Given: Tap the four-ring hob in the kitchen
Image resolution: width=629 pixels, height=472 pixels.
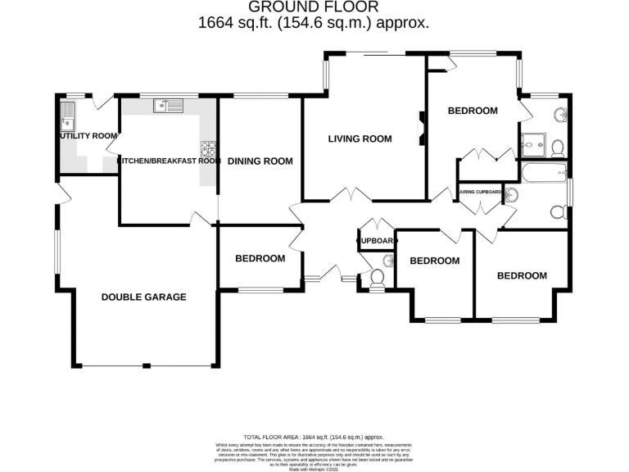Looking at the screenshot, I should (x=208, y=148).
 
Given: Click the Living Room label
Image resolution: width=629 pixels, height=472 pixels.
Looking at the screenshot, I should (x=360, y=139).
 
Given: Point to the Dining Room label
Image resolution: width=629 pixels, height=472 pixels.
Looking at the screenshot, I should (x=260, y=161).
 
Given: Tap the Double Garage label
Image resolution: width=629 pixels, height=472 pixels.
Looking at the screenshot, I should (x=143, y=297).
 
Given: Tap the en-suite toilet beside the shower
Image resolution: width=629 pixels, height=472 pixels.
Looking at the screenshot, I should (x=557, y=147).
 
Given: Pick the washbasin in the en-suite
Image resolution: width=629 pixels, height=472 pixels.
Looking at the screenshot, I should (x=560, y=114).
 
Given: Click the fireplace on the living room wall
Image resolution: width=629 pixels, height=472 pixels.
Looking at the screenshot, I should (x=423, y=128).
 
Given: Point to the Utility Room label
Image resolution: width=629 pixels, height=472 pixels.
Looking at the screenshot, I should (x=88, y=135).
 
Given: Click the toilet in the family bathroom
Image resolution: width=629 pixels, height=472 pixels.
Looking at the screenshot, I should (x=558, y=212).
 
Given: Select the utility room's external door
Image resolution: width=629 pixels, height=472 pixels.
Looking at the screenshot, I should (x=102, y=102).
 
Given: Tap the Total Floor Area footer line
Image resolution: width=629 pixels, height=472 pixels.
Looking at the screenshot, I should (x=314, y=438).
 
